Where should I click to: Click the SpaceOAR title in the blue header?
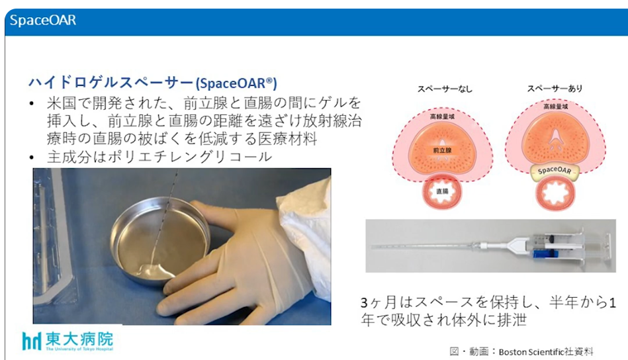[x=43, y=20]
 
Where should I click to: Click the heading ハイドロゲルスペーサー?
[x=111, y=83]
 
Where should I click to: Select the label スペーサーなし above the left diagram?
[x=445, y=89]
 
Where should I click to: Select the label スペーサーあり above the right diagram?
[x=555, y=89]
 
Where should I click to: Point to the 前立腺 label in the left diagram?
[x=442, y=151]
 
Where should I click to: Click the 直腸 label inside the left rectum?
[x=442, y=191]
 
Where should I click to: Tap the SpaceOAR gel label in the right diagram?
[x=555, y=170]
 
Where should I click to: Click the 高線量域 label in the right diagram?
[x=555, y=107]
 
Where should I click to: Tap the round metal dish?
[x=160, y=241]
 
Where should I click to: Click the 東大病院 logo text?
[x=79, y=339]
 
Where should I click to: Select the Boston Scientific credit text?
[x=521, y=351]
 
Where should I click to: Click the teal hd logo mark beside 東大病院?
[x=32, y=341]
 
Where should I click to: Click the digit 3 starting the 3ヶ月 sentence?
[x=364, y=303]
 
